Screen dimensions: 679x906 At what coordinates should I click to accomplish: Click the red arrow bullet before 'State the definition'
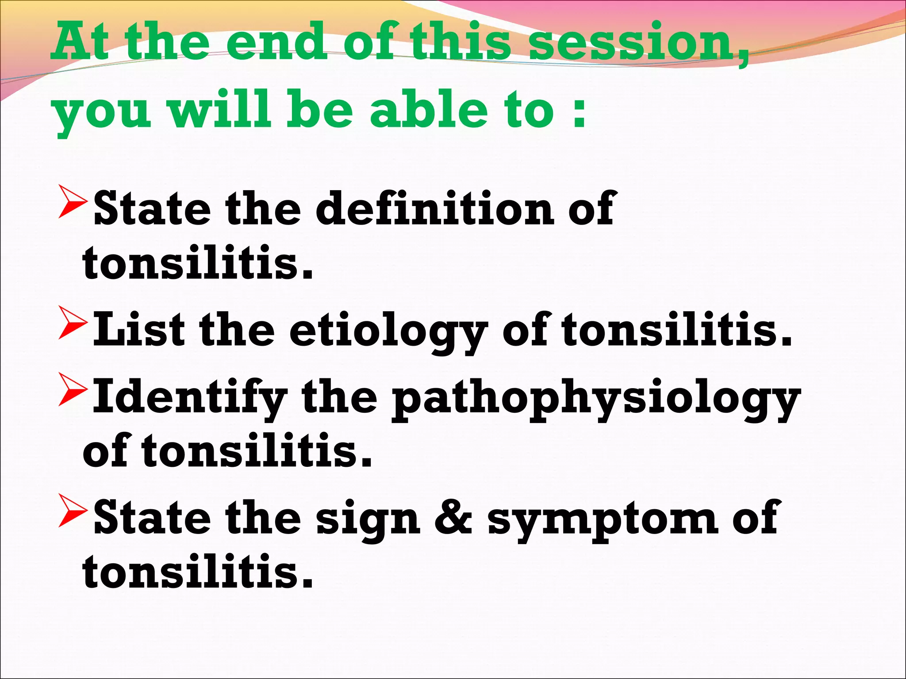click(73, 202)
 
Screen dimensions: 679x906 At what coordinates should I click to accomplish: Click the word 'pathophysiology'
click(595, 400)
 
